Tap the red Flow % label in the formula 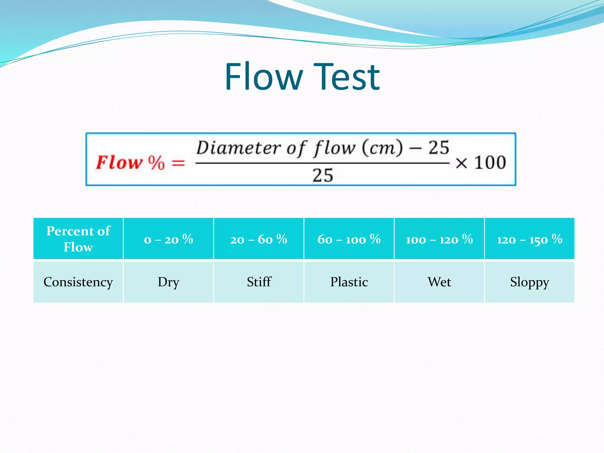130,163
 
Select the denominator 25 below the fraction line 323,175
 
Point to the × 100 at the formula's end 481,163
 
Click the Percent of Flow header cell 78,239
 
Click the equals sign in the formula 178,163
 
